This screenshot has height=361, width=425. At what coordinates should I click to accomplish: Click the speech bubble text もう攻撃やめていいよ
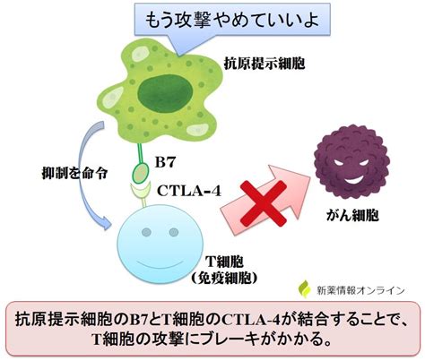[x=232, y=20]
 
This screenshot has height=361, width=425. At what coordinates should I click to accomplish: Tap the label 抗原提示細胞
[x=265, y=63]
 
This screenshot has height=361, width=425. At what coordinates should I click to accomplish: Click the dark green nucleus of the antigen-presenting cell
[x=165, y=93]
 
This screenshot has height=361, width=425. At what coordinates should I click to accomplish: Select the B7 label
[x=165, y=163]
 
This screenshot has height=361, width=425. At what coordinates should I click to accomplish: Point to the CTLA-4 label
[x=189, y=191]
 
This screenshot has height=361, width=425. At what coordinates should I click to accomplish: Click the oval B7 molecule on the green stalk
[x=140, y=173]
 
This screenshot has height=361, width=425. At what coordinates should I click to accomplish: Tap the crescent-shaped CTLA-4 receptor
[x=140, y=191]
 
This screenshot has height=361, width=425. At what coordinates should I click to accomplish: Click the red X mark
[x=264, y=203]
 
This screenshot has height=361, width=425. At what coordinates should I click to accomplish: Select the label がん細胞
[x=352, y=215]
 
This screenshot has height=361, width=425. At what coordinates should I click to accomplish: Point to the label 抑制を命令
[x=74, y=173]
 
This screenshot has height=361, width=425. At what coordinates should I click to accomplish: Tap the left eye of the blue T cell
[x=146, y=232]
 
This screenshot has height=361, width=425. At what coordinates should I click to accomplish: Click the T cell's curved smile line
[x=160, y=264]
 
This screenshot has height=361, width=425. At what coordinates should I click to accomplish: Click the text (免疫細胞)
[x=224, y=279]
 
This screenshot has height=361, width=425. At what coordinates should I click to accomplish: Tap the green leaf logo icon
[x=305, y=288]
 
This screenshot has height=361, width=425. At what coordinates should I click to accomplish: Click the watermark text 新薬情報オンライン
[x=360, y=290]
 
